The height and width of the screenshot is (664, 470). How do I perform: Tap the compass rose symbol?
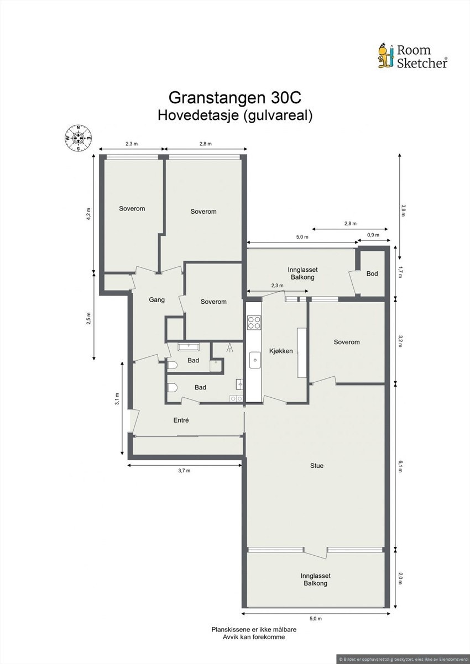pos(78,138)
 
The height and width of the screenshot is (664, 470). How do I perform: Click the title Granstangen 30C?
pos(235,98)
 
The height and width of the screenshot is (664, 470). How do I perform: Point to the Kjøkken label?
pos(281,351)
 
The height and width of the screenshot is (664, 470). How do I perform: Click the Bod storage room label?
pos(372,273)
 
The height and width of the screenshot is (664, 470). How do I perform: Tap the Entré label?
pos(181,420)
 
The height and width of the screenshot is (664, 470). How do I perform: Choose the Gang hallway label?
pos(157,300)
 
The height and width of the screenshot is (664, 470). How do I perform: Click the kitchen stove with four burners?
pos(254,322)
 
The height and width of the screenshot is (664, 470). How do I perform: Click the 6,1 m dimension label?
pos(401,467)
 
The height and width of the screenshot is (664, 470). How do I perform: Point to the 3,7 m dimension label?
pos(184,471)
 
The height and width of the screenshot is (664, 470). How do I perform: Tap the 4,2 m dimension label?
pos(88,213)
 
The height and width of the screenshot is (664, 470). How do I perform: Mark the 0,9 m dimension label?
pos(373,235)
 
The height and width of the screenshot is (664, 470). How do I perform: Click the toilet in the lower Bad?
pos(173,387)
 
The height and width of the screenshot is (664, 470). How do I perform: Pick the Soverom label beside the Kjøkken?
pos(346,342)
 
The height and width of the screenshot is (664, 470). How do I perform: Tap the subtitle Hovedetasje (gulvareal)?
pos(235,115)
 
